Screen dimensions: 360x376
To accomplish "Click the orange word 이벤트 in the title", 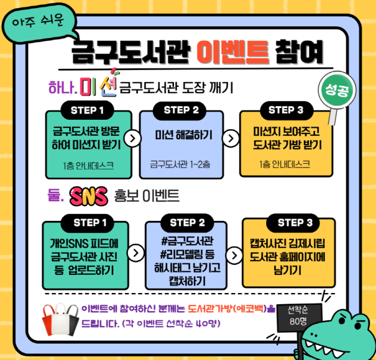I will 233,52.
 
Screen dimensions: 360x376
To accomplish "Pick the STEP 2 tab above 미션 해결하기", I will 181,110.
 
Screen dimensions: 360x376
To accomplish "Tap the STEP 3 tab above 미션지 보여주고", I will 286,110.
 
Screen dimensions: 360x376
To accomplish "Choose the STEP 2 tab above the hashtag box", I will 187,223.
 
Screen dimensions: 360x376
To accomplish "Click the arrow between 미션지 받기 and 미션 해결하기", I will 135,139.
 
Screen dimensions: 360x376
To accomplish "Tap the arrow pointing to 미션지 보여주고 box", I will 233,139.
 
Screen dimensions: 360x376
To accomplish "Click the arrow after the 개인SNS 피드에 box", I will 136,253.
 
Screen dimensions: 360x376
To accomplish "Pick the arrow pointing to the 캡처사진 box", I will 234,255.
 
